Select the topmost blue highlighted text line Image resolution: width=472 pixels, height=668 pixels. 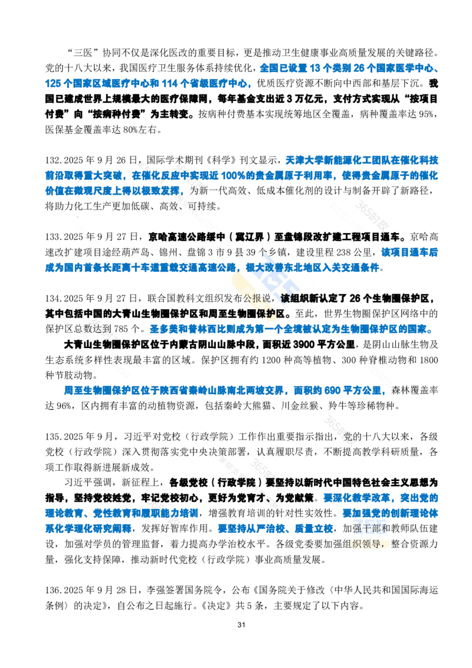point(348,70)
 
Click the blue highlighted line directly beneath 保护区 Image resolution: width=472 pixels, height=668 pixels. point(289,329)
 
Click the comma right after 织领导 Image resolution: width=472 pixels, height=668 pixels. point(388,544)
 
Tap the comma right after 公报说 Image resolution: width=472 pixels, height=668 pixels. point(276,299)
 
